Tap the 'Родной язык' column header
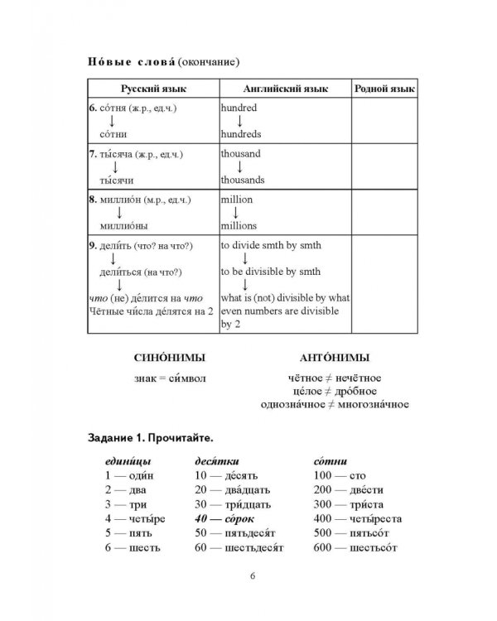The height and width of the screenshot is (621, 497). tap(384, 89)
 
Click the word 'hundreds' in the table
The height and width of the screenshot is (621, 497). tap(240, 133)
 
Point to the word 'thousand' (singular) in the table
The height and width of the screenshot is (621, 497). tap(240, 154)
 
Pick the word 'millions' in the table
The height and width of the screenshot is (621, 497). tap(239, 225)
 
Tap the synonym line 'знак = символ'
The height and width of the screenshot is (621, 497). tap(168, 378)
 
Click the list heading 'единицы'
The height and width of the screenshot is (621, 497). tap(128, 461)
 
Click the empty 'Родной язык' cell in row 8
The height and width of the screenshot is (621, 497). tap(384, 213)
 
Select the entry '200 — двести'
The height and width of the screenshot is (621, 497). tap(349, 490)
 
